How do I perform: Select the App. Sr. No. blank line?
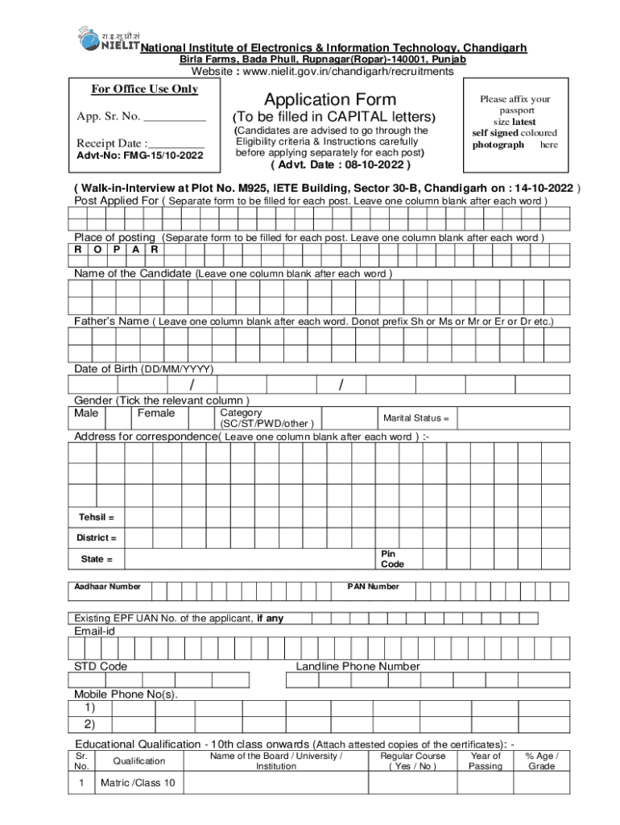coord(175,117)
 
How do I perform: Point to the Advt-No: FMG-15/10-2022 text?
coord(140,155)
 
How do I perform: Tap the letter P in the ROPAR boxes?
coord(117,249)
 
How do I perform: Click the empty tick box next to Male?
coord(119,417)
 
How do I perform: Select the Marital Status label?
coord(415,418)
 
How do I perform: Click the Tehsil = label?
coord(96,517)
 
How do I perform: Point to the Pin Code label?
coord(392,559)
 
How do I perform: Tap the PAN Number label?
coord(373,587)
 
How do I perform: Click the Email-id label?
coord(95,632)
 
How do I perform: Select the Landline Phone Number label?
coord(358,666)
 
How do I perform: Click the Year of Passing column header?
coord(485,761)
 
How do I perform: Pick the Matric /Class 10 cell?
coord(138,783)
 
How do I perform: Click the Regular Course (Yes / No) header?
coord(412,761)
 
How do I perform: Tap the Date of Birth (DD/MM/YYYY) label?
coord(144,368)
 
